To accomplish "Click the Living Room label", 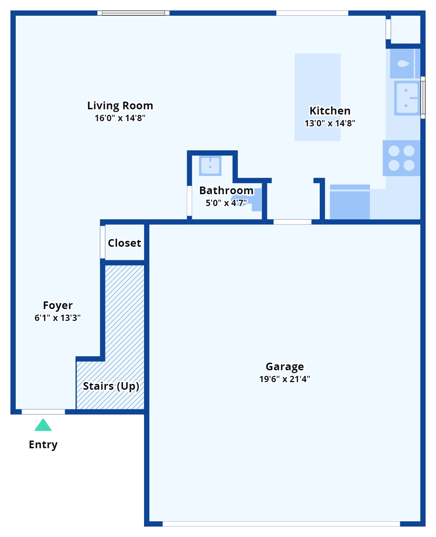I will point(120,106).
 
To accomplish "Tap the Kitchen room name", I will point(330,111).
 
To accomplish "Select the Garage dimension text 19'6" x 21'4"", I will point(285,379).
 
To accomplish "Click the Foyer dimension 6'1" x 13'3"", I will point(57,318).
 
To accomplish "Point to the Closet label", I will point(124,243).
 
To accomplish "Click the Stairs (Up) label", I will point(111,386).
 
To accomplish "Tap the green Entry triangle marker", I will point(43,425).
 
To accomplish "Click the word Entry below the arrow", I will point(43,444).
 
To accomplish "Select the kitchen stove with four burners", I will point(401,158).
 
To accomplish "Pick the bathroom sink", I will point(210,166).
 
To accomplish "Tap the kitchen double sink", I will point(407,98).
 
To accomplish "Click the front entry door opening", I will point(43,412).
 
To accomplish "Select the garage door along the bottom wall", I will point(281,524).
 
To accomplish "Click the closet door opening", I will point(103,242).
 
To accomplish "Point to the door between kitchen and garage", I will point(292,222).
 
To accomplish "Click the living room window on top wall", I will point(133,13).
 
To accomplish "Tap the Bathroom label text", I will point(226,191).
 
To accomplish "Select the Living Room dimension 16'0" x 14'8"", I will point(120,118).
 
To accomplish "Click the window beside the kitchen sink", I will point(423,98).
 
